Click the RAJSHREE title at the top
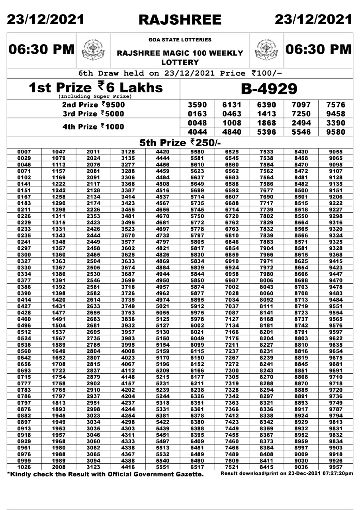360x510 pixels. point(180,20)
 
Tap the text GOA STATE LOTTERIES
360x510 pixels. point(180,40)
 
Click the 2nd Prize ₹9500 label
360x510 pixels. point(94,105)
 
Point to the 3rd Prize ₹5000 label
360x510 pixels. point(94,114)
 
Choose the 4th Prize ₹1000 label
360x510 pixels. point(94,127)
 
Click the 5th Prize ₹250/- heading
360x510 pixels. point(180,143)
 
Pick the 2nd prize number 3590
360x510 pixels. point(198,105)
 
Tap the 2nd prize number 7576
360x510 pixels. point(335,105)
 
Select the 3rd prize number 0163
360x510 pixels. point(198,114)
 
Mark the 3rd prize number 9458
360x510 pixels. point(335,114)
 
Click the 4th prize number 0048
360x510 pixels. point(198,123)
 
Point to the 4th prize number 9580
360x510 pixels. point(335,132)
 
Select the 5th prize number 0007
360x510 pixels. point(24,152)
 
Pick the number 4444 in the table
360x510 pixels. point(162,158)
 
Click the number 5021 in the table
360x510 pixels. point(162,307)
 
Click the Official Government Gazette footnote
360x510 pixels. point(106,474)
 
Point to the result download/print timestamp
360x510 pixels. point(287,473)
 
